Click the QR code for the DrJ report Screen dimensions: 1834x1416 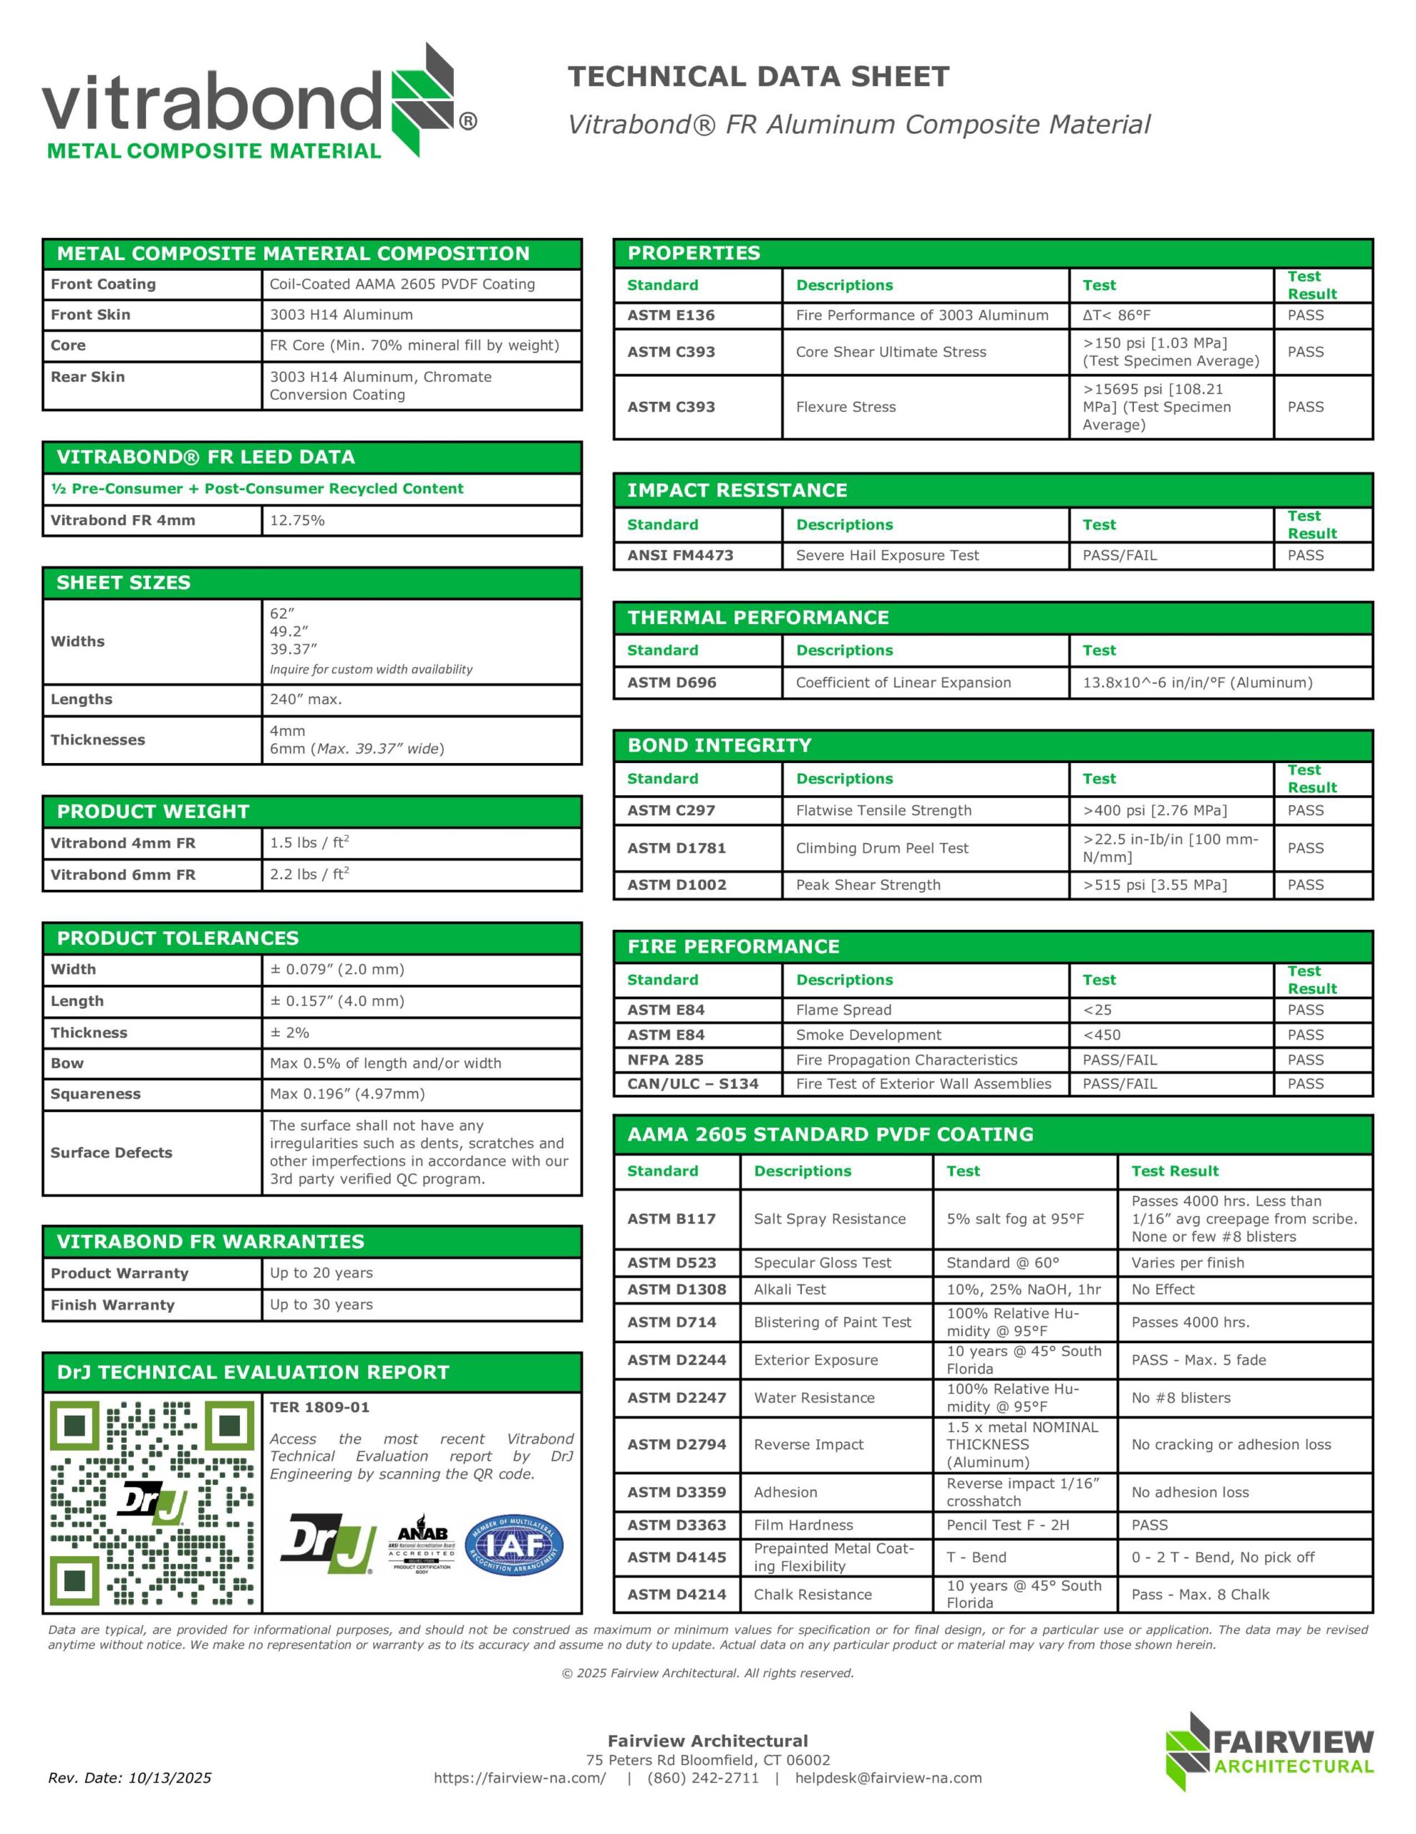(x=152, y=1502)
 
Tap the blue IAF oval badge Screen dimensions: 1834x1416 (x=514, y=1545)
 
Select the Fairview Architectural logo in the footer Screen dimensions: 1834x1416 (x=1269, y=1750)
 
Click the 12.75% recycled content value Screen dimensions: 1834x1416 (x=297, y=521)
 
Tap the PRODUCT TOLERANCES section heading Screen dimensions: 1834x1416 (x=178, y=938)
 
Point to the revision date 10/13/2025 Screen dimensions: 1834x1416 (x=130, y=1777)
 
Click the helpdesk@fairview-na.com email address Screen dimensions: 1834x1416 (x=888, y=1777)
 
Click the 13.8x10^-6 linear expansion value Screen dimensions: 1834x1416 (x=1197, y=683)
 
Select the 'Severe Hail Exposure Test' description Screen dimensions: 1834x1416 (x=887, y=555)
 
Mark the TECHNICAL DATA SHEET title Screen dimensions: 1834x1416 (x=758, y=77)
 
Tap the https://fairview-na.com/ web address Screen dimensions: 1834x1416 (x=520, y=1777)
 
